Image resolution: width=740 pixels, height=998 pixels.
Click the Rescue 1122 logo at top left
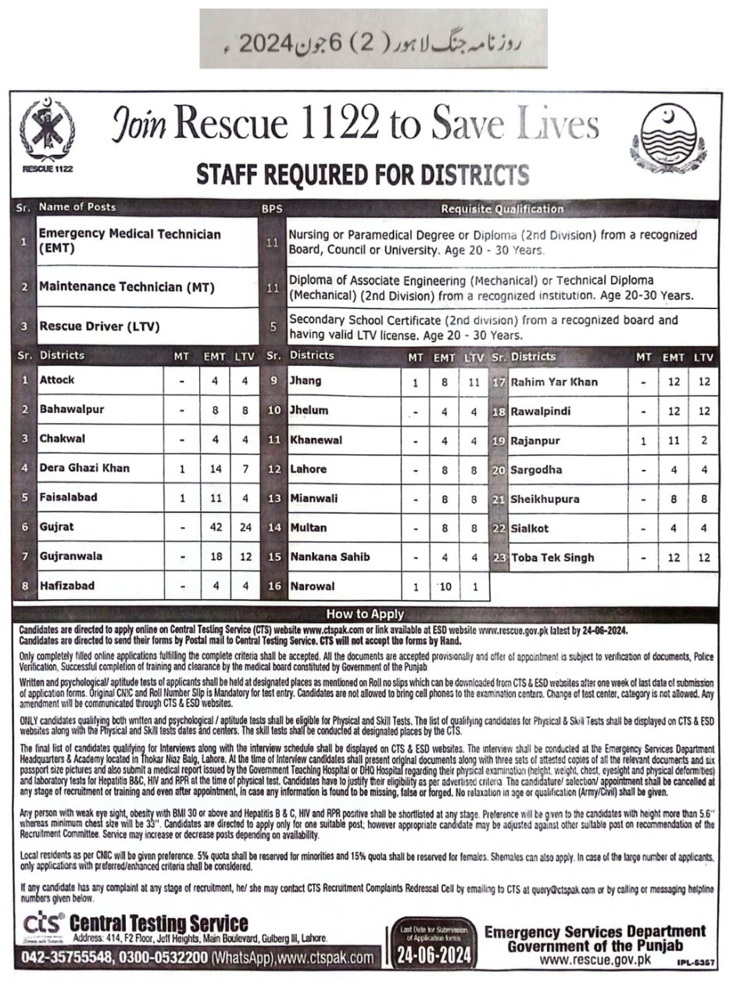(x=46, y=134)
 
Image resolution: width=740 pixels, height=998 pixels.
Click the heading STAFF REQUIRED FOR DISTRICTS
(x=362, y=174)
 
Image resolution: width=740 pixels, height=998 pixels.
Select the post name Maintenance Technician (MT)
(x=127, y=287)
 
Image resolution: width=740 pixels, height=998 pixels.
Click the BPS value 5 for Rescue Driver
(x=273, y=327)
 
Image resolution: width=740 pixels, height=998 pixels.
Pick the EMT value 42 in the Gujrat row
(x=214, y=528)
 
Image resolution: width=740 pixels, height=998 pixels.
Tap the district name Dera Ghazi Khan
(x=85, y=468)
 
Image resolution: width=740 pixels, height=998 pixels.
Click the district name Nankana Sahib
(x=330, y=557)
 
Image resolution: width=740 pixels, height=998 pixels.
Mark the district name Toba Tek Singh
(x=552, y=558)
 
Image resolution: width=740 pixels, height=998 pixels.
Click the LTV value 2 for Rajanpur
(x=704, y=441)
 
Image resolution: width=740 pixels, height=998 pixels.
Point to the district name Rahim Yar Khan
(x=553, y=382)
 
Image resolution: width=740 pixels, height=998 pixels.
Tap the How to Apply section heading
(x=365, y=615)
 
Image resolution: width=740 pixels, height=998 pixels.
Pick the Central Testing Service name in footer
(x=158, y=924)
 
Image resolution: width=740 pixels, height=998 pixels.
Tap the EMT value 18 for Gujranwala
(x=214, y=557)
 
